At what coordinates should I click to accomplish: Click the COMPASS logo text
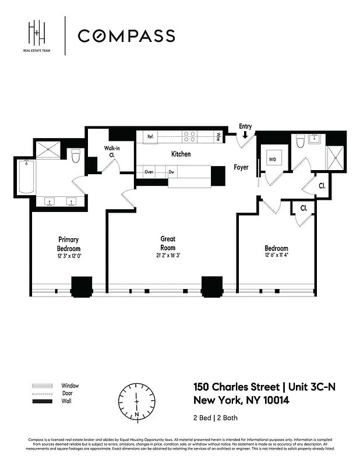(x=126, y=36)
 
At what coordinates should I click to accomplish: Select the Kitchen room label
(x=181, y=154)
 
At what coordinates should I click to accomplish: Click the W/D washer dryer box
(x=273, y=158)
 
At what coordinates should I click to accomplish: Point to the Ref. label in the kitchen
(x=150, y=137)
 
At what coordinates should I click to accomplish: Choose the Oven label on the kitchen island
(x=149, y=172)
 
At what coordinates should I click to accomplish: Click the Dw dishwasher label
(x=172, y=172)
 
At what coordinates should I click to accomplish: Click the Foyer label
(x=241, y=167)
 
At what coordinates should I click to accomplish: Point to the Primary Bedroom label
(x=68, y=243)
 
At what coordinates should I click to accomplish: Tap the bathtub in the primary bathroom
(x=26, y=178)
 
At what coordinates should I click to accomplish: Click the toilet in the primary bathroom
(x=75, y=156)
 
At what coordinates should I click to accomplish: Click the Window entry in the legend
(x=70, y=386)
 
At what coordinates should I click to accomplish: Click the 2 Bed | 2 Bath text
(x=215, y=418)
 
